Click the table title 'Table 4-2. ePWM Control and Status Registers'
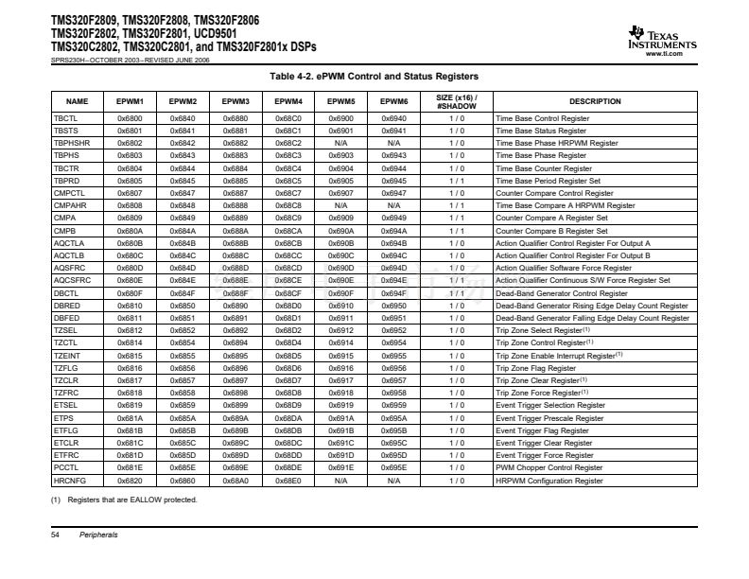click(374, 76)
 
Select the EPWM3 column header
click(235, 101)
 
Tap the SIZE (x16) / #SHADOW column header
click(456, 101)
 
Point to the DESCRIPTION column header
click(595, 101)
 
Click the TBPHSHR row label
click(72, 143)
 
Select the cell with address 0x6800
click(130, 118)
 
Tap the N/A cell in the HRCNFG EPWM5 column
click(341, 481)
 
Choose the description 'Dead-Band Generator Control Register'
click(561, 293)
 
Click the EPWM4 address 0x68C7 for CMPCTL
click(288, 193)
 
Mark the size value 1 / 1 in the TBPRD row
click(456, 180)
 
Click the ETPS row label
click(64, 418)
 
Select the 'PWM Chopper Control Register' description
click(549, 468)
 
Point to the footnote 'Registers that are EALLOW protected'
click(129, 500)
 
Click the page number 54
click(55, 535)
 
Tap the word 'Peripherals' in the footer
click(98, 535)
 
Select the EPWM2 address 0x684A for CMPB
click(183, 231)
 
